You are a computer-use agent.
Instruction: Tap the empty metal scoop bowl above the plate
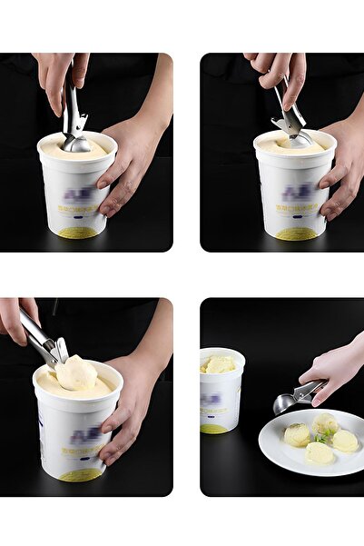[285, 403]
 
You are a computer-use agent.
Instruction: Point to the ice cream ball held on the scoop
[76, 372]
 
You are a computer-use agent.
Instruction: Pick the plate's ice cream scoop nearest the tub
[296, 434]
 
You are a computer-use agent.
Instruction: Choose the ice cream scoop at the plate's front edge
[319, 453]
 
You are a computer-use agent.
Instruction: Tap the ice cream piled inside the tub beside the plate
[219, 364]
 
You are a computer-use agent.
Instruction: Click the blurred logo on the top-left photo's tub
[76, 194]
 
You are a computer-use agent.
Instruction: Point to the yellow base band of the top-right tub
[297, 233]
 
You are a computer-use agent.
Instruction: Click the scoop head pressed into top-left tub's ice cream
[76, 144]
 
